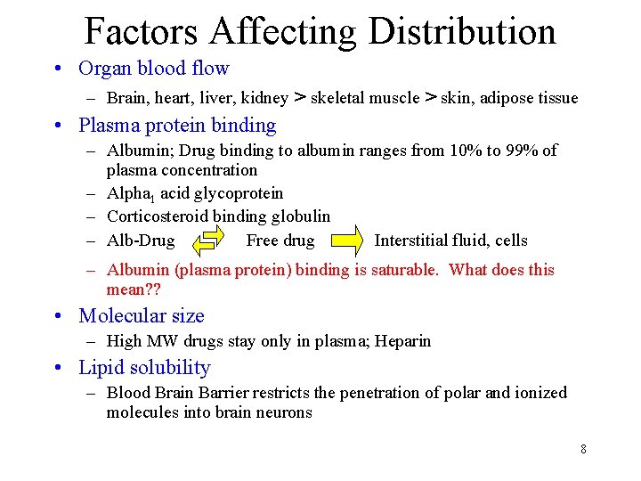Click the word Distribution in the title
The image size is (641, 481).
tap(462, 31)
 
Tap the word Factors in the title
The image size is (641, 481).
tap(140, 31)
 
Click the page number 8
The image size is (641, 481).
tap(583, 448)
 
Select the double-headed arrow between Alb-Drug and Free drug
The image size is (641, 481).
tap(211, 240)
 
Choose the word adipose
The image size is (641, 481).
tap(514, 98)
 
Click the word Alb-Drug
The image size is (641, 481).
tap(141, 240)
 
